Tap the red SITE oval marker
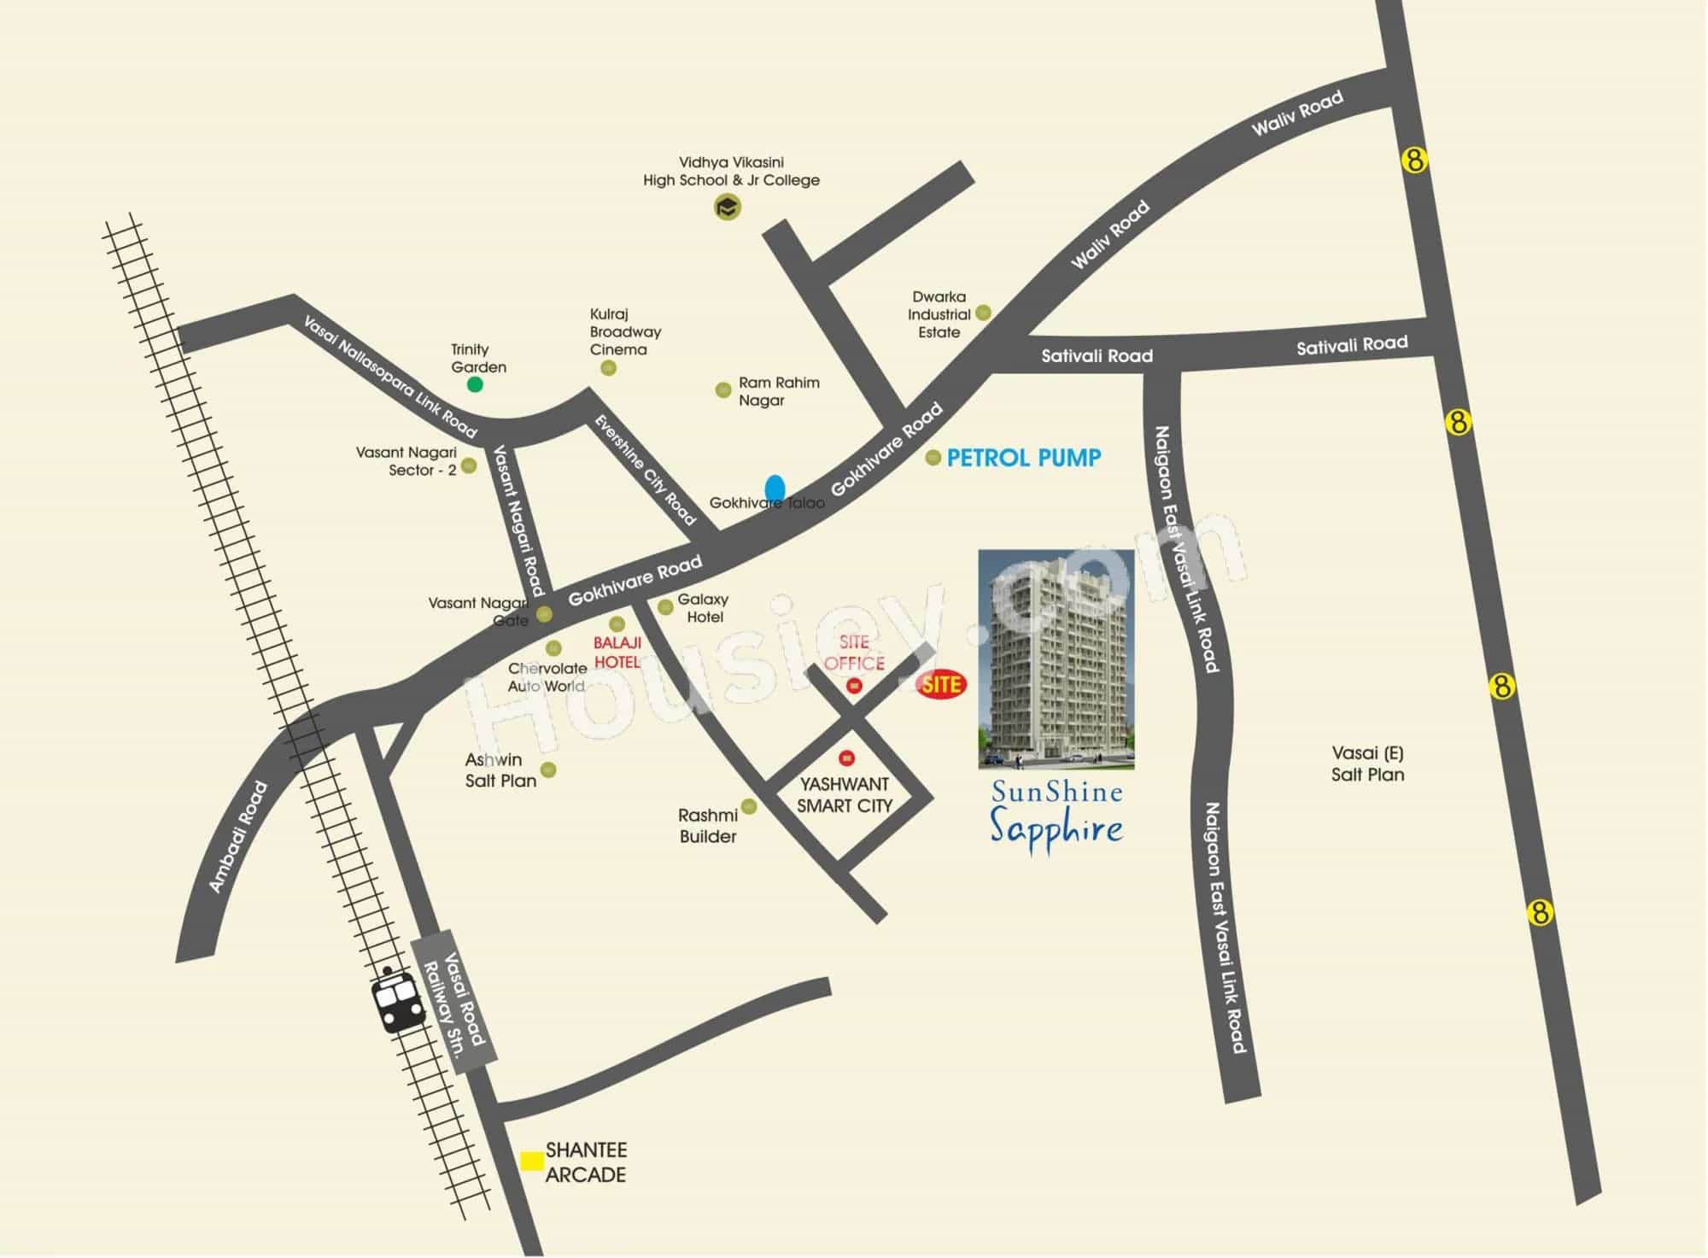(x=941, y=685)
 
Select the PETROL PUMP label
(x=1023, y=458)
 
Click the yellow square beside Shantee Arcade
(x=532, y=1161)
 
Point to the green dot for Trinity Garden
(x=475, y=384)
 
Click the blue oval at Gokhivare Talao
(x=775, y=488)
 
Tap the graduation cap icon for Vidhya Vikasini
(x=727, y=207)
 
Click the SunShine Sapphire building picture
(x=1056, y=658)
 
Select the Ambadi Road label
(x=238, y=838)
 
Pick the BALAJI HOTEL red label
(x=617, y=652)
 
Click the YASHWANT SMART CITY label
(x=844, y=795)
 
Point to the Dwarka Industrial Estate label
(x=939, y=314)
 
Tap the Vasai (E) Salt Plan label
(x=1367, y=764)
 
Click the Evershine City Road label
(x=646, y=469)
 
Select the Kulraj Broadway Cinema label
(x=624, y=331)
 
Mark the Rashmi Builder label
(x=708, y=826)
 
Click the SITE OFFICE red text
(x=854, y=652)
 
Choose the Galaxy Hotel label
(x=704, y=608)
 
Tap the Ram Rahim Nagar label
(x=778, y=391)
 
